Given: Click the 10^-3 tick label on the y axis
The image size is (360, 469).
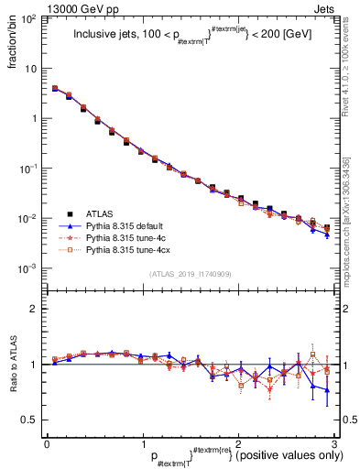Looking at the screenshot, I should [27, 269].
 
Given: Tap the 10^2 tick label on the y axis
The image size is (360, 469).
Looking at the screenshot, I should [27, 19].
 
